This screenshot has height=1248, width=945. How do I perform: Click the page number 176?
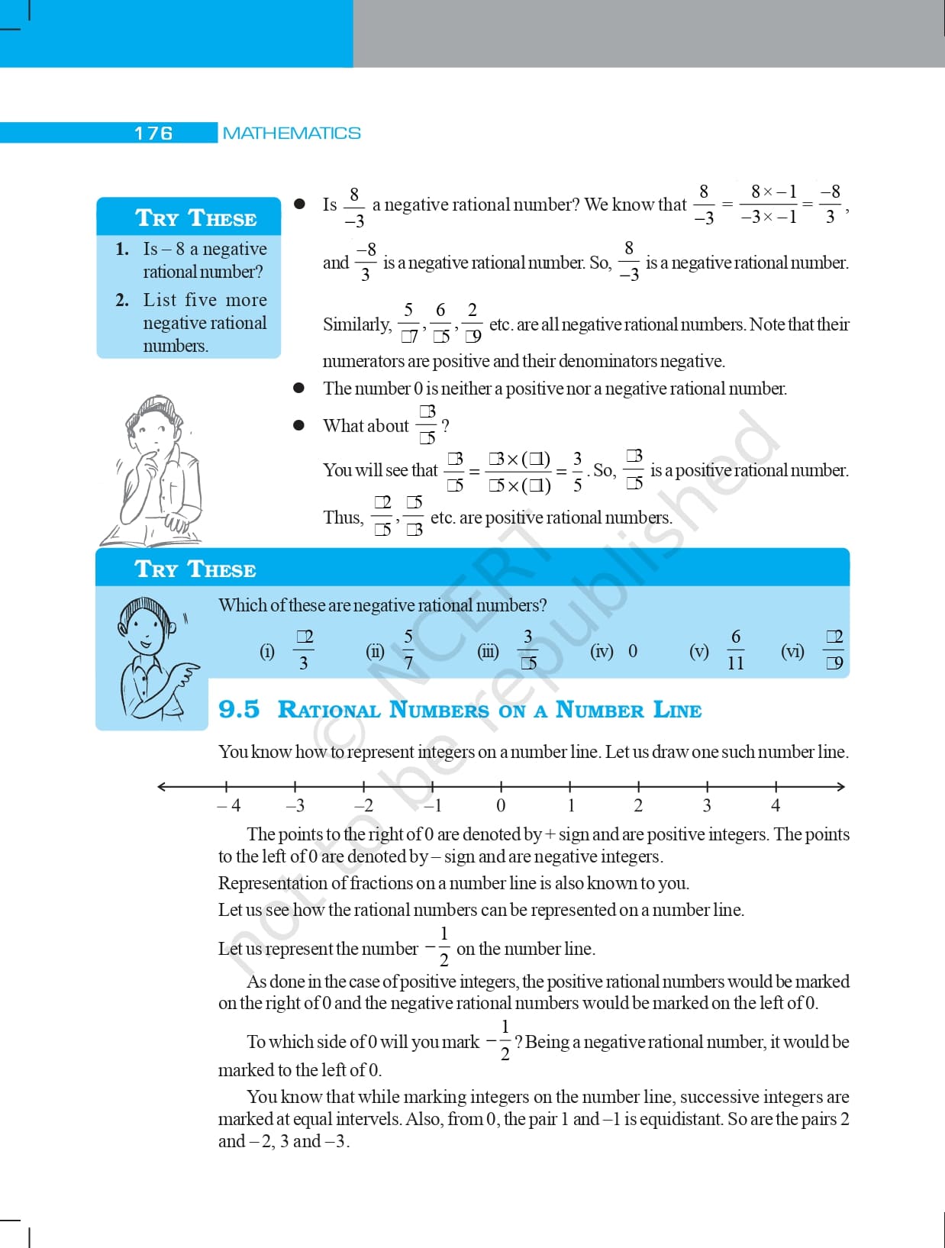(153, 134)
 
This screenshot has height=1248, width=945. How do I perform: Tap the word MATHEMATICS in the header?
(292, 134)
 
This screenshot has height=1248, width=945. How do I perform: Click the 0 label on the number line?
(501, 805)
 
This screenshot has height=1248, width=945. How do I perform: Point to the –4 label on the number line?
(229, 805)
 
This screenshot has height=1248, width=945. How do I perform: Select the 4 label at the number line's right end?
(776, 805)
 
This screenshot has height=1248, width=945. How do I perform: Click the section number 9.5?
(239, 709)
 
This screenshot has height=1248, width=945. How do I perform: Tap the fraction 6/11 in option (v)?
(736, 650)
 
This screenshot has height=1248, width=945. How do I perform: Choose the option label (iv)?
(602, 651)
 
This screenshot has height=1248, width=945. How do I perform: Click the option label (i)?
(267, 651)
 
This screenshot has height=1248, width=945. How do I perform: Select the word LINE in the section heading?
(677, 710)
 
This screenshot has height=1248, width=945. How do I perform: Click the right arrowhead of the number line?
(841, 786)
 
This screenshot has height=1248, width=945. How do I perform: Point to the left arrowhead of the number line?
(162, 786)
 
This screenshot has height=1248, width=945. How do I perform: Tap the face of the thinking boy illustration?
(153, 431)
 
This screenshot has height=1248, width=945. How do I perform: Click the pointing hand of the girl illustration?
(185, 675)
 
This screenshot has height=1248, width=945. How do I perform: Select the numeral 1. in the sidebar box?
(122, 249)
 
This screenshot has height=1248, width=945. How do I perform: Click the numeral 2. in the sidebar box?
(122, 300)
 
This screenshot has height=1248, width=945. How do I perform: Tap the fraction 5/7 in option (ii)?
(408, 650)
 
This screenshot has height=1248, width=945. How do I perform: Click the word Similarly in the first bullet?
(356, 324)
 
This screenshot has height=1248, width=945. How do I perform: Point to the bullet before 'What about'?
(299, 425)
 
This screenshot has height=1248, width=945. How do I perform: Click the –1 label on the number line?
(433, 805)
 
